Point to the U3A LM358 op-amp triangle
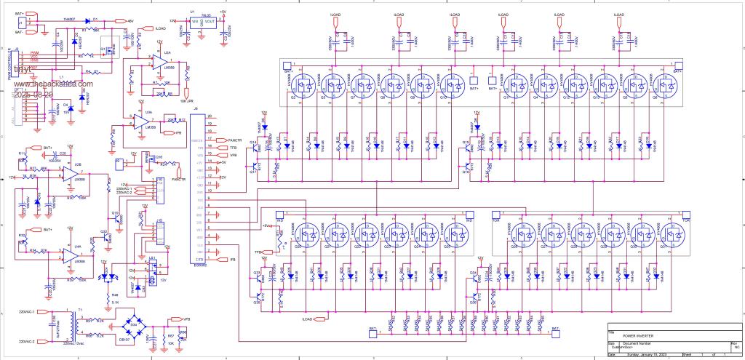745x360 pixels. (150, 121)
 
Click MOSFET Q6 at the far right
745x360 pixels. (662, 84)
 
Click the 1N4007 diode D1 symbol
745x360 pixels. (96, 21)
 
